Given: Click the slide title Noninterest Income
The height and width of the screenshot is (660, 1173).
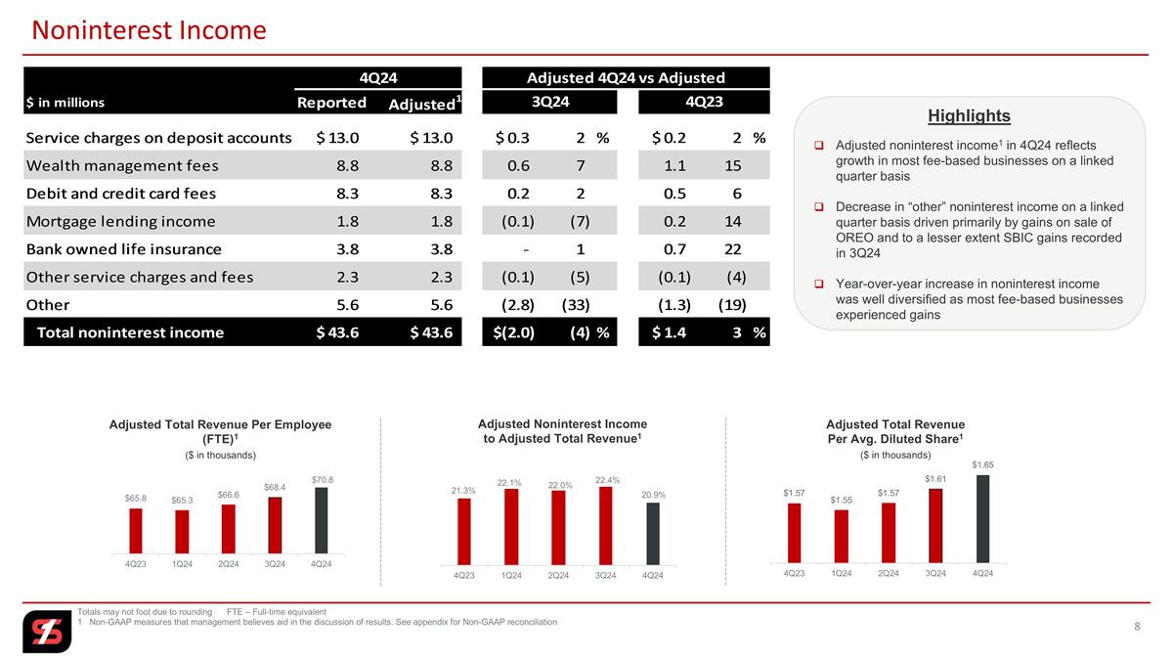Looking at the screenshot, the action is pyautogui.click(x=149, y=30).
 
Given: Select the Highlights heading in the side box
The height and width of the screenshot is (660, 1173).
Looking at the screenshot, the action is pyautogui.click(x=969, y=115).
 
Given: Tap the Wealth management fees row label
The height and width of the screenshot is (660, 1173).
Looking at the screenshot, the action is pyautogui.click(x=122, y=165).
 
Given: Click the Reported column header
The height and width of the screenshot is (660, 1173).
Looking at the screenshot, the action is pyautogui.click(x=331, y=102).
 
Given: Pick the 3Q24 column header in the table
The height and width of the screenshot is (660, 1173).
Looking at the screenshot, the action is pyautogui.click(x=549, y=102).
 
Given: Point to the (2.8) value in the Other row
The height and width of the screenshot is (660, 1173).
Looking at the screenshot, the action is pyautogui.click(x=518, y=305).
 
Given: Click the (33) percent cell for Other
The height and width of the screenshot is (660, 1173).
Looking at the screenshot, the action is pyautogui.click(x=576, y=305).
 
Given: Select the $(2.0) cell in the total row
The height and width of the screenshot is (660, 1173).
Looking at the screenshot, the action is pyautogui.click(x=514, y=332).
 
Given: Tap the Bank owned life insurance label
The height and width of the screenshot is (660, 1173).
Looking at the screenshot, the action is pyautogui.click(x=123, y=249).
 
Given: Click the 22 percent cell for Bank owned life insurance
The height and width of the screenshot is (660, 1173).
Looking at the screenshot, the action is pyautogui.click(x=732, y=249).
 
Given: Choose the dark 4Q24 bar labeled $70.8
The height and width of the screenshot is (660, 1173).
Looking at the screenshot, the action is pyautogui.click(x=321, y=520).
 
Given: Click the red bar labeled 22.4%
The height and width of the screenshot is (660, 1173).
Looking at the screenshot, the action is pyautogui.click(x=605, y=526).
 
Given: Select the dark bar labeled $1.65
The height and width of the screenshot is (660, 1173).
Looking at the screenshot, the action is pyautogui.click(x=983, y=519).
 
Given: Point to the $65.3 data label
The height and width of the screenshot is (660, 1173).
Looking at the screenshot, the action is pyautogui.click(x=182, y=501).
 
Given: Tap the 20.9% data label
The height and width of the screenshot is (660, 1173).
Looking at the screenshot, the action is pyautogui.click(x=653, y=495).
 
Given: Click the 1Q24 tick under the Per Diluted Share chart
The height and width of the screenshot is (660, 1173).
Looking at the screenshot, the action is pyautogui.click(x=841, y=573).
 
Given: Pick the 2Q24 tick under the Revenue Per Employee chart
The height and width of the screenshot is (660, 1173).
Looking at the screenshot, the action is pyautogui.click(x=229, y=564).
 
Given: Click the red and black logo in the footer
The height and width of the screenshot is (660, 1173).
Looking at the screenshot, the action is pyautogui.click(x=47, y=632).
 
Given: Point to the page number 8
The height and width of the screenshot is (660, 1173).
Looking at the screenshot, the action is pyautogui.click(x=1137, y=627).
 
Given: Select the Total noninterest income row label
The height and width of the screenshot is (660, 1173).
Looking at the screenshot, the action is pyautogui.click(x=130, y=332).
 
